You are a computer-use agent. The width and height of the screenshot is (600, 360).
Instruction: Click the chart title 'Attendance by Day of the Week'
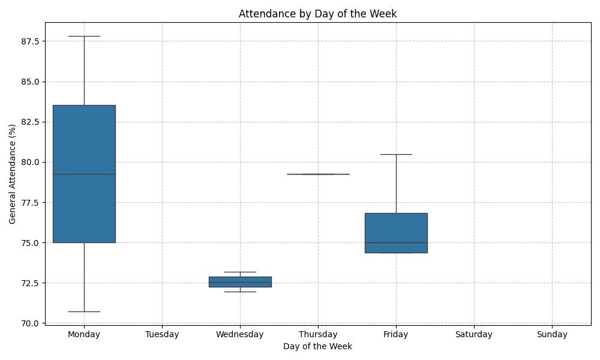(317, 14)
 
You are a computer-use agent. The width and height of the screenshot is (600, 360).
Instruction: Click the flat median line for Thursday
(318, 174)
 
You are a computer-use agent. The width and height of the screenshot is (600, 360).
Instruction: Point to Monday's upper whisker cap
(84, 36)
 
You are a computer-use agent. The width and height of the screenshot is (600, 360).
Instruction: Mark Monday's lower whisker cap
(84, 311)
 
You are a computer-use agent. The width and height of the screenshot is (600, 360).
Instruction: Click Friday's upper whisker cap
(396, 154)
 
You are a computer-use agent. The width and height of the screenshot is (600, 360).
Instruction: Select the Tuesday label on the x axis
(162, 334)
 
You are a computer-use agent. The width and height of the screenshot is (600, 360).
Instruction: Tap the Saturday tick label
(474, 334)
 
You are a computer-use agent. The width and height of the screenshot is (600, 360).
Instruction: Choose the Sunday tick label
(552, 334)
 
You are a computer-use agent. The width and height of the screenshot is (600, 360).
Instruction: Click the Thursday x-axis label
(318, 334)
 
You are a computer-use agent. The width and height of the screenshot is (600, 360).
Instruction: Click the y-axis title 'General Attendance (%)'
(13, 174)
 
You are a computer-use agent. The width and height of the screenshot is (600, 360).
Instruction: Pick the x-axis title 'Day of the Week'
(317, 346)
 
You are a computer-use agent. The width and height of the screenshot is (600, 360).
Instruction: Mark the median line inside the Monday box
(84, 174)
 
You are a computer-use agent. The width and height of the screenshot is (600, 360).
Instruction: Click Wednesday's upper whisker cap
(240, 272)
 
